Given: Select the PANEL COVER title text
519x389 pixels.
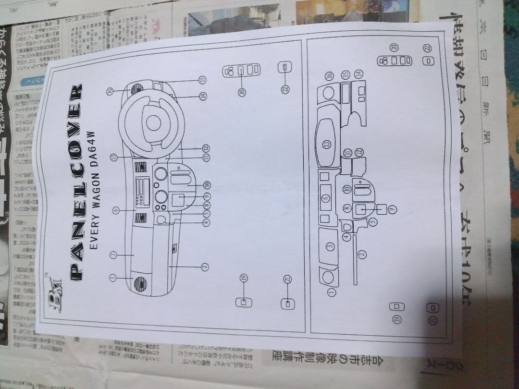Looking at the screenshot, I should [76, 182].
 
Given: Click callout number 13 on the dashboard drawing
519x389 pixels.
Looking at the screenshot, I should [114, 157].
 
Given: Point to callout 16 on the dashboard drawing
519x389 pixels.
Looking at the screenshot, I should [110, 90].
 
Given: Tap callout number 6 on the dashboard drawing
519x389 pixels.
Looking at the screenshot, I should [115, 210].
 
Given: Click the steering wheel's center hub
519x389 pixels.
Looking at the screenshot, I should [153, 122].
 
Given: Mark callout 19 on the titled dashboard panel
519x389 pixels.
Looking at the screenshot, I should [244, 279].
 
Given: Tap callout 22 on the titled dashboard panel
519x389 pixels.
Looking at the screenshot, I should [285, 89].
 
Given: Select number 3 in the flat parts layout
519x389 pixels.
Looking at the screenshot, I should [330, 246].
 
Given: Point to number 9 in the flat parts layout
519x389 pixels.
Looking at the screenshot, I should [391, 209].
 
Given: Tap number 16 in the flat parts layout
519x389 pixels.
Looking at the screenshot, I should [330, 76].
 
